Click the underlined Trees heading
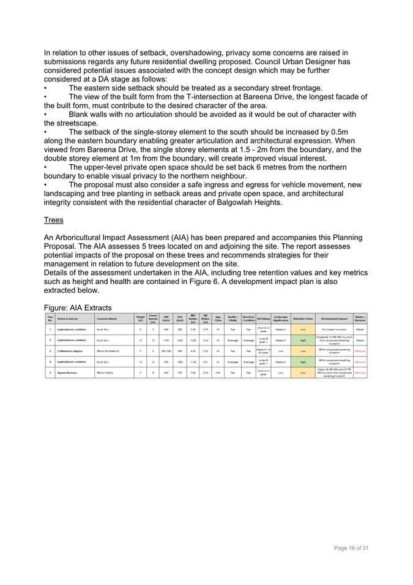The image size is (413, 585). (54, 219)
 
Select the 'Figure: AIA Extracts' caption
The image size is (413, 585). (78, 307)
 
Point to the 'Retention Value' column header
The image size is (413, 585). (303, 319)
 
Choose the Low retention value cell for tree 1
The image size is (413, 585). (303, 329)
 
